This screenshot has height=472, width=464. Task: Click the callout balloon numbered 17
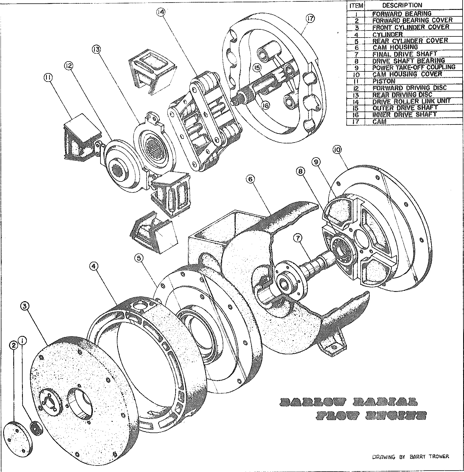[310, 19]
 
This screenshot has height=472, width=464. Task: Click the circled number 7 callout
[298, 239]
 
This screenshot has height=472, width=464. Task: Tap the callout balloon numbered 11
[48, 77]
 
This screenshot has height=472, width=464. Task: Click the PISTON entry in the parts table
[384, 81]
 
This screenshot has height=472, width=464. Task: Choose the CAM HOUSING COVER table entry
[407, 74]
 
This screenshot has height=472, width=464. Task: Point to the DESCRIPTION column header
[402, 5]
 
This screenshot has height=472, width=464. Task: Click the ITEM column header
[356, 6]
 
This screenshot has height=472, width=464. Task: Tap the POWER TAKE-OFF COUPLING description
[413, 67]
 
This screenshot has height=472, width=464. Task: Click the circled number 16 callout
[265, 106]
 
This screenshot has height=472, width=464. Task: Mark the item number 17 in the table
[356, 122]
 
